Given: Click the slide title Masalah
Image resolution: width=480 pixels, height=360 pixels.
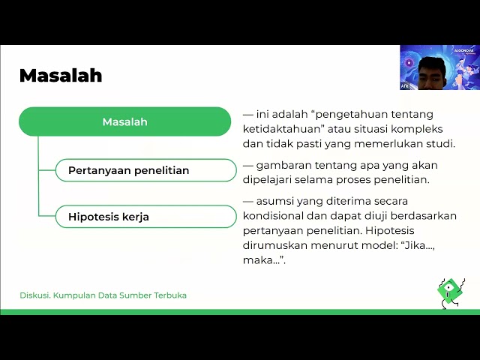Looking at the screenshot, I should (60, 76).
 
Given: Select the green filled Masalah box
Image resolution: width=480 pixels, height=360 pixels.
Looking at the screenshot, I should (124, 121).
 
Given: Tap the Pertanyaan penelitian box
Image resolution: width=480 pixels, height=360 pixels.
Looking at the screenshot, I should (146, 170).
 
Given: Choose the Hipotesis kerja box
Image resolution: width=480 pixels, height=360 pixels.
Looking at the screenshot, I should (146, 217).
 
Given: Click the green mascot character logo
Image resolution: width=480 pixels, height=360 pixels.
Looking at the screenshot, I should (450, 290).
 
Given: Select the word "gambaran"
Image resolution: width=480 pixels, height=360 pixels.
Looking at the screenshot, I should (283, 166).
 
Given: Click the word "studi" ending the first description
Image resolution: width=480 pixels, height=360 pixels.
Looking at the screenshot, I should (439, 144).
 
